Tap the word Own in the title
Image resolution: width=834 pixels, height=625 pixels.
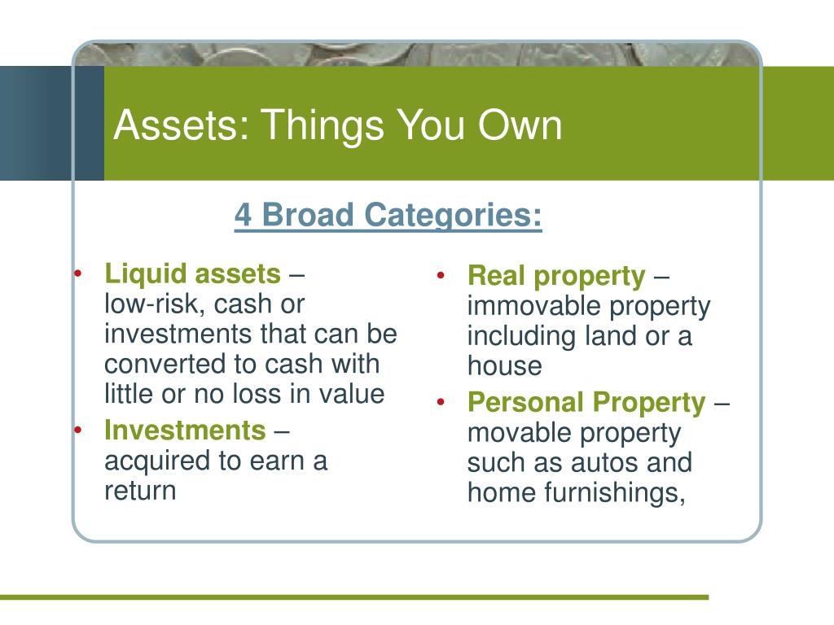[520, 125]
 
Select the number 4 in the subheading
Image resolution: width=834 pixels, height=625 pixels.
[243, 215]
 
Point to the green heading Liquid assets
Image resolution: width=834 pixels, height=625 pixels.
[192, 273]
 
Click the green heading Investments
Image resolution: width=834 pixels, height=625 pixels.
[185, 430]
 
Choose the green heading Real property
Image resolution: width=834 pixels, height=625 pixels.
[556, 277]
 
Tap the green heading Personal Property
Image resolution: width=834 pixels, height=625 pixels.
[586, 402]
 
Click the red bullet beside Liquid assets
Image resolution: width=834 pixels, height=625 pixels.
[78, 273]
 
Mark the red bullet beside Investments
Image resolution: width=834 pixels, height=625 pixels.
[78, 430]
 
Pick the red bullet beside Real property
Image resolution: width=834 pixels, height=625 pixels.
[441, 275]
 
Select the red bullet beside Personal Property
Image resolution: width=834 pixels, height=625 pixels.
[441, 402]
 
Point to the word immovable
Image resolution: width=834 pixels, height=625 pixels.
[533, 306]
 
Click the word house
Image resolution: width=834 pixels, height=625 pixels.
[505, 365]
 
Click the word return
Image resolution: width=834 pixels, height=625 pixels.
[140, 491]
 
